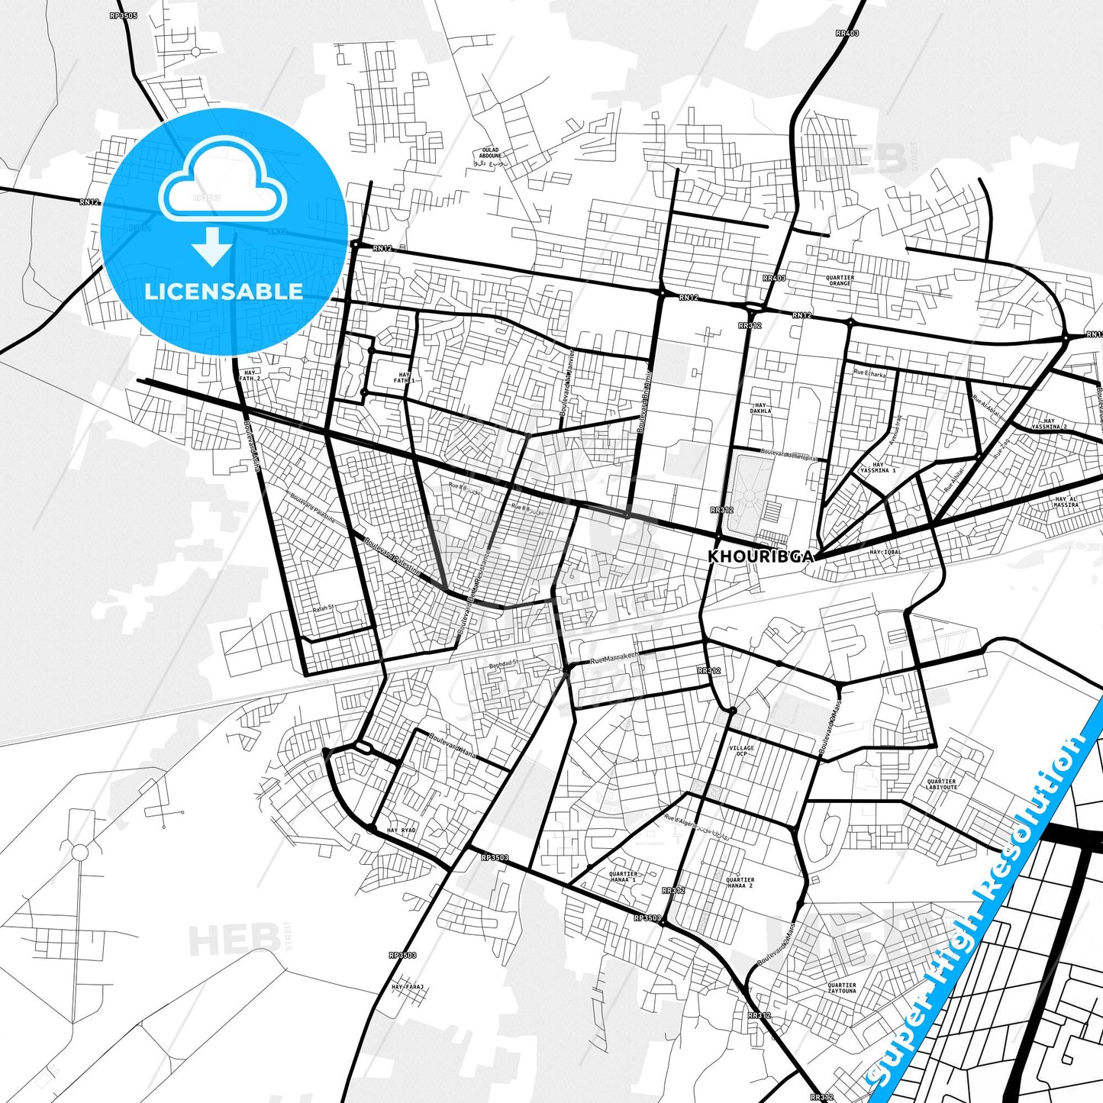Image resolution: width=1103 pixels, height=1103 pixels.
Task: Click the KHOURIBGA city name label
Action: click(x=760, y=556)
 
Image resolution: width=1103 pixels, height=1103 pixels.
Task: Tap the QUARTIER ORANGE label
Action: click(x=840, y=281)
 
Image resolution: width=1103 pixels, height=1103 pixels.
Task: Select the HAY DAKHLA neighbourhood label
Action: click(x=760, y=408)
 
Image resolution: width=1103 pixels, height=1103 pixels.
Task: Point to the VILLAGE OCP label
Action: click(x=741, y=750)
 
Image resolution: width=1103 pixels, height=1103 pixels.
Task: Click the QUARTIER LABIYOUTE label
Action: click(x=941, y=784)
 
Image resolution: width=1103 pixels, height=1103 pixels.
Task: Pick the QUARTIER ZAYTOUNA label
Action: click(x=842, y=988)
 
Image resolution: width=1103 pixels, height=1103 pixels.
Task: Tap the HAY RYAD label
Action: click(x=402, y=830)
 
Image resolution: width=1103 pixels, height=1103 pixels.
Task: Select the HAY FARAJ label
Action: click(x=407, y=987)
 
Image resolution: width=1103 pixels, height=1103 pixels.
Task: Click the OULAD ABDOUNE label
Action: click(x=490, y=153)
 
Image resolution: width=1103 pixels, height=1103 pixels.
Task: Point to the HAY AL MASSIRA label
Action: click(x=1066, y=502)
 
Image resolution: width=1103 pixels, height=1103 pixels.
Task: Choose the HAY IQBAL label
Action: click(x=885, y=552)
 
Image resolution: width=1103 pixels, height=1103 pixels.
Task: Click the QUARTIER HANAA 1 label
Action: click(x=623, y=877)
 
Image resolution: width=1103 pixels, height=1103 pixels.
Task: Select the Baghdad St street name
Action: click(x=503, y=663)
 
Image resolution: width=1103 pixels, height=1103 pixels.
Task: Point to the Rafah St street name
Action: click(x=324, y=608)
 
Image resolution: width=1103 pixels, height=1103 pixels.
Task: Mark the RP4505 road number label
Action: click(x=123, y=15)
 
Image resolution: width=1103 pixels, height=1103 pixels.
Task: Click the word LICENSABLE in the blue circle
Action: click(x=224, y=291)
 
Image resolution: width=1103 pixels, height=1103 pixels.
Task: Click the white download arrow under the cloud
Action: click(x=212, y=248)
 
